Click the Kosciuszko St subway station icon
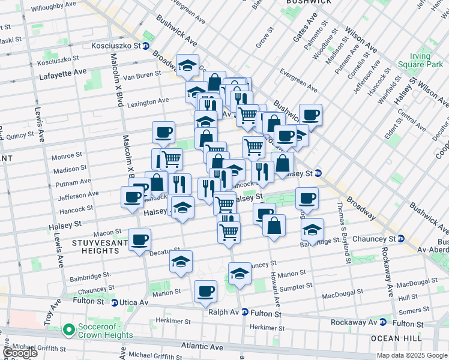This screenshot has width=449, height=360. [145, 46]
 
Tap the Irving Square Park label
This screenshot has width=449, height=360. [420, 60]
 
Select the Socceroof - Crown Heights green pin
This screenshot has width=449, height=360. [68, 329]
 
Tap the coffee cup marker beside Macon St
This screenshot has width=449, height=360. [140, 241]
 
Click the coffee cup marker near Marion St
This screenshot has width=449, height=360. [206, 292]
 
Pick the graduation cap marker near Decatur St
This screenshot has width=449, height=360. [181, 262]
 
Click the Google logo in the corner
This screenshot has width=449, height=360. [20, 353]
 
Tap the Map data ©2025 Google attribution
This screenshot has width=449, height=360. [412, 355]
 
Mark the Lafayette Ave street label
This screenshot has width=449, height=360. [62, 72]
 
